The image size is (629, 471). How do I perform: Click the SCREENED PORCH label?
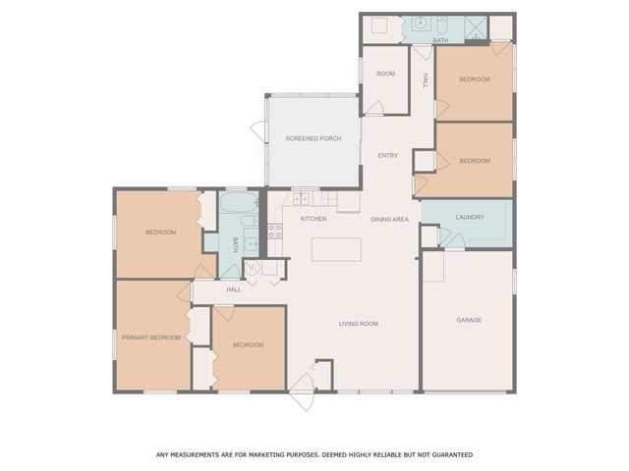314,138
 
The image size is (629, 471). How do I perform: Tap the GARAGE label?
469,320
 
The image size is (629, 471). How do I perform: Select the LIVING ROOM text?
359,324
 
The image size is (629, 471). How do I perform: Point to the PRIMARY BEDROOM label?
151,337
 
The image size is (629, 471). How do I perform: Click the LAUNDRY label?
470,217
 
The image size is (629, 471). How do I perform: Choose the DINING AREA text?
389,219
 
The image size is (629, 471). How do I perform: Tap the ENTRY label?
388,156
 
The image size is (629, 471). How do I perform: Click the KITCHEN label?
314,219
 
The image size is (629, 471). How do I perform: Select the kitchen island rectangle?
335,249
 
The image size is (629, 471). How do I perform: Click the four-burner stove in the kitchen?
275,232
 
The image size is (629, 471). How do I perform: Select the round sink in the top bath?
420,23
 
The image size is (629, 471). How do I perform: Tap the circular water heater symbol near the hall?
252,266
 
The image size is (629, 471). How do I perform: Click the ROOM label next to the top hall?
385,75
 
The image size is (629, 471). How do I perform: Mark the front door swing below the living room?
303,389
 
